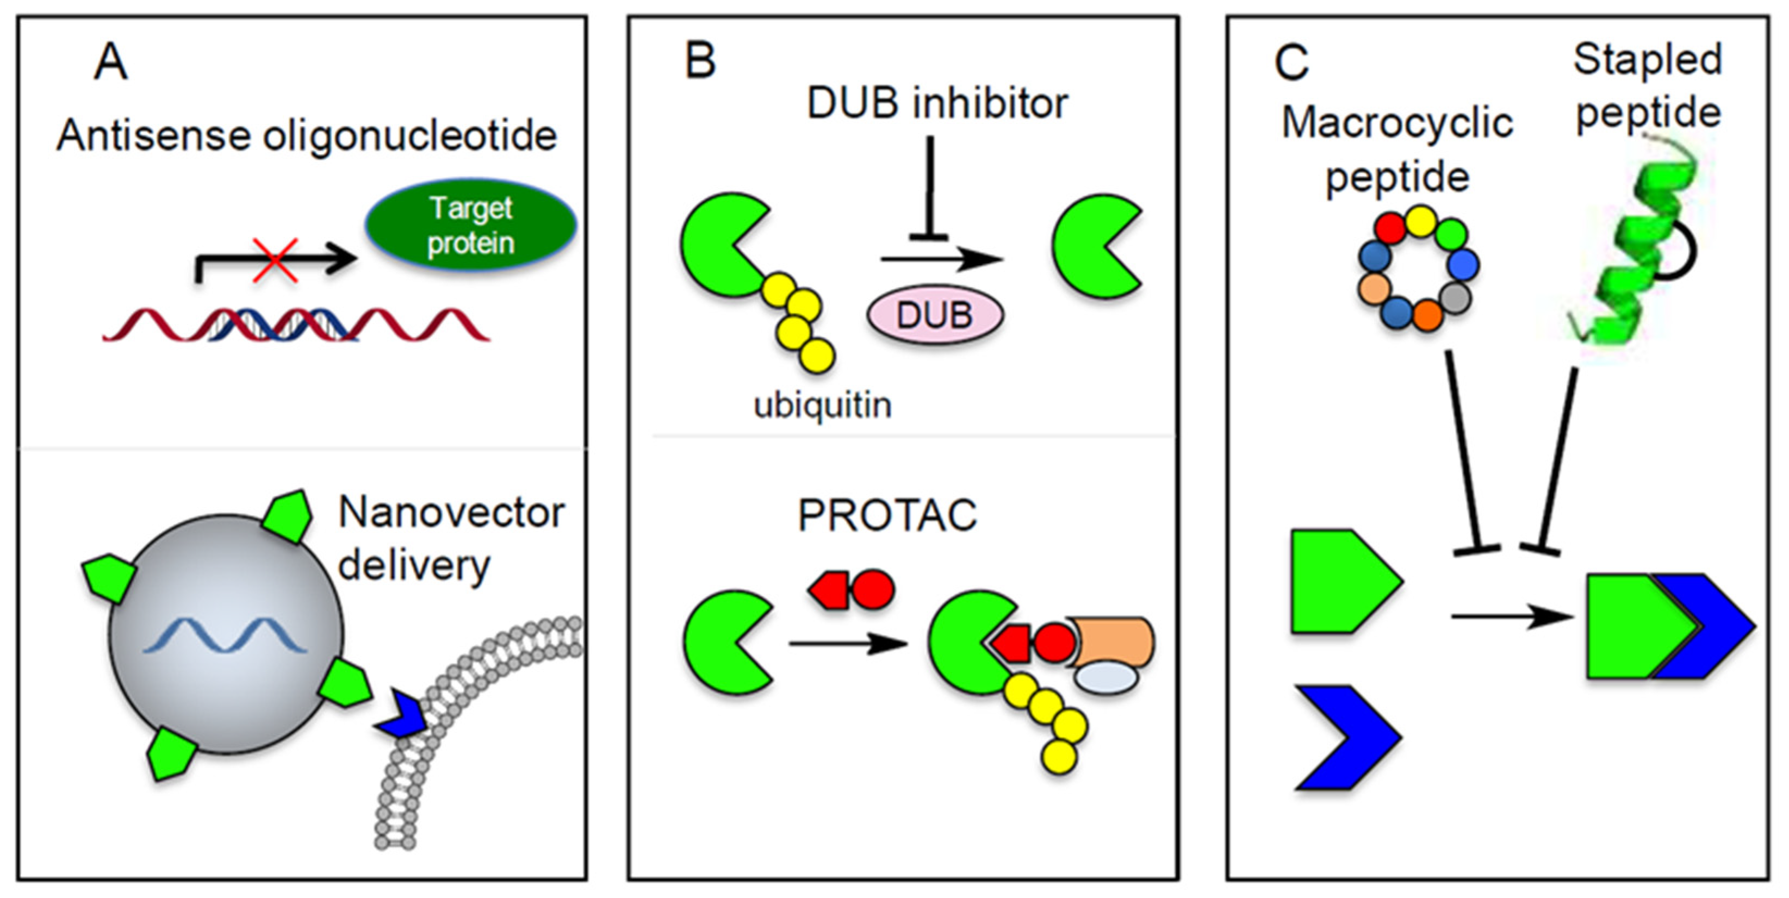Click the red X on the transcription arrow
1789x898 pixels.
pos(275,260)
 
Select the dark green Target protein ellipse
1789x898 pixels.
pos(471,225)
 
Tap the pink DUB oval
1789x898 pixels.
pos(935,315)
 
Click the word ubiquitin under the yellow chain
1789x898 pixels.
pos(822,405)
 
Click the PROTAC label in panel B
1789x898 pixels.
pos(887,515)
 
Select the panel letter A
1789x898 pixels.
pos(111,63)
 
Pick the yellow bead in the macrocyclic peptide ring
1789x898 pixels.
pos(1420,221)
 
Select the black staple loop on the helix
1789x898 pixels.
pos(1681,253)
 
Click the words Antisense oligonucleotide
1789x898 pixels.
pos(306,135)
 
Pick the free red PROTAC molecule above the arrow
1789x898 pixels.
pos(852,590)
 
